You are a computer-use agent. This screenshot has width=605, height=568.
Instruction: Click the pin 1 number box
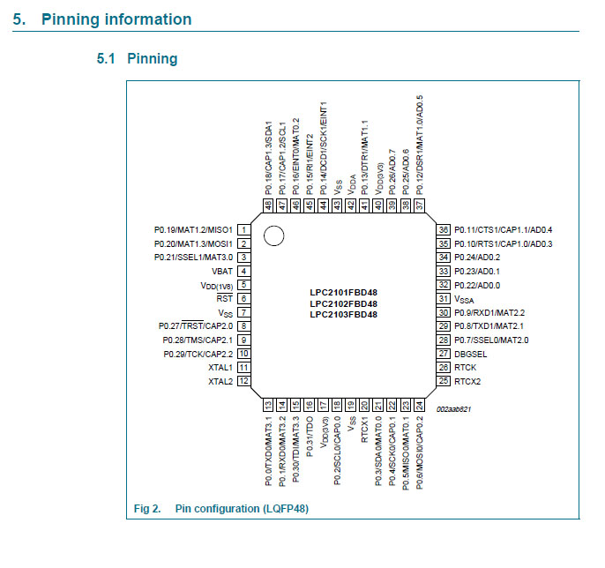(x=242, y=229)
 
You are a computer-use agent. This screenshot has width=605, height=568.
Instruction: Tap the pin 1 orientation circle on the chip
(x=273, y=235)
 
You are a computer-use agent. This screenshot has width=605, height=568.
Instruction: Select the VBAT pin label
(x=221, y=271)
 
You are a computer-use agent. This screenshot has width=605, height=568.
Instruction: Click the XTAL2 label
(x=220, y=381)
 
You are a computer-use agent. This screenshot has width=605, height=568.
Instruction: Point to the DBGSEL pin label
(x=471, y=353)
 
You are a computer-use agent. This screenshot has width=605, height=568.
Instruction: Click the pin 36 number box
(x=444, y=229)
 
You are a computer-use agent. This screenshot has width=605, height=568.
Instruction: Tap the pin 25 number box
(x=444, y=381)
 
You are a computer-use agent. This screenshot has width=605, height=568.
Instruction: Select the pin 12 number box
(x=242, y=381)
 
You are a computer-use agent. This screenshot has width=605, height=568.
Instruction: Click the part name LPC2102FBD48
(x=343, y=303)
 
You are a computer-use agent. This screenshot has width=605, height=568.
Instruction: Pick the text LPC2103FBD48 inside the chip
(x=343, y=315)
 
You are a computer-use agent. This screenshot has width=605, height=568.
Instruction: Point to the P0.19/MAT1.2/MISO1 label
(x=193, y=229)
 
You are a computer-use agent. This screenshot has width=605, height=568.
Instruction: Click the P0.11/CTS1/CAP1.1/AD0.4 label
(x=503, y=229)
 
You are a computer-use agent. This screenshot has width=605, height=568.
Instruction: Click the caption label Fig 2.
(x=146, y=509)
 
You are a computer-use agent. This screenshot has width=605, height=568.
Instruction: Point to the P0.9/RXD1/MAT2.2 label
(x=489, y=312)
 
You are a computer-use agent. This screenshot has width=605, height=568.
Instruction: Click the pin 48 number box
(x=267, y=204)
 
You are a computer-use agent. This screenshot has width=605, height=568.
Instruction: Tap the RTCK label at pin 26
(x=465, y=367)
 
